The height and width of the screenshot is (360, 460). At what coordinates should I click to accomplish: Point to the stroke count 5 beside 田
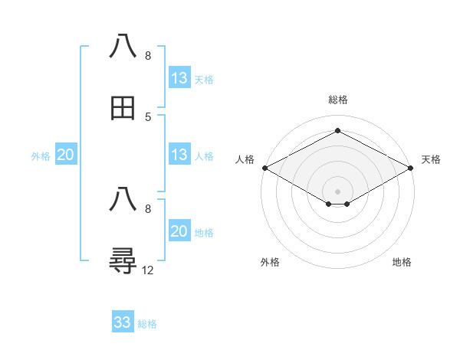[148, 117]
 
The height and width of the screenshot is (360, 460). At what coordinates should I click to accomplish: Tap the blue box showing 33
[123, 322]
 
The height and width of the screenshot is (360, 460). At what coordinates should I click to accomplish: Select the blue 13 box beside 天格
[179, 78]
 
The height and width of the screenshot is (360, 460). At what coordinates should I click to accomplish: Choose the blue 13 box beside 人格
[179, 155]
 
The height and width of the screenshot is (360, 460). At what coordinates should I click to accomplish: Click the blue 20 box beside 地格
[179, 231]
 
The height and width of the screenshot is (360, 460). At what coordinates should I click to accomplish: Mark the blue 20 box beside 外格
[66, 155]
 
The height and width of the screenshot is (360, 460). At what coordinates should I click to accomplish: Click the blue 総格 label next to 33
[147, 324]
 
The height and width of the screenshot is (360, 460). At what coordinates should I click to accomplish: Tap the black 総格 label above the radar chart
[337, 100]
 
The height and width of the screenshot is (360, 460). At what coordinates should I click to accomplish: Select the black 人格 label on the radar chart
[245, 159]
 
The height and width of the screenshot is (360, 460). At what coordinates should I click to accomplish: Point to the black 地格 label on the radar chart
[402, 262]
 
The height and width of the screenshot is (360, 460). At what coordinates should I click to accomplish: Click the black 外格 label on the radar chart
[270, 262]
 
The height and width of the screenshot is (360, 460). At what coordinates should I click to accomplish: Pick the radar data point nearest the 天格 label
[412, 168]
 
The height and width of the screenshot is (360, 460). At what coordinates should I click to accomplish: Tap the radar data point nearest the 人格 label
[264, 168]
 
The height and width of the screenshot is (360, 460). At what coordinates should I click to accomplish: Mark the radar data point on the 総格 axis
[337, 131]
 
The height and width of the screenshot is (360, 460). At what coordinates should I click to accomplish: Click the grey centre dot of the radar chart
[337, 191]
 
